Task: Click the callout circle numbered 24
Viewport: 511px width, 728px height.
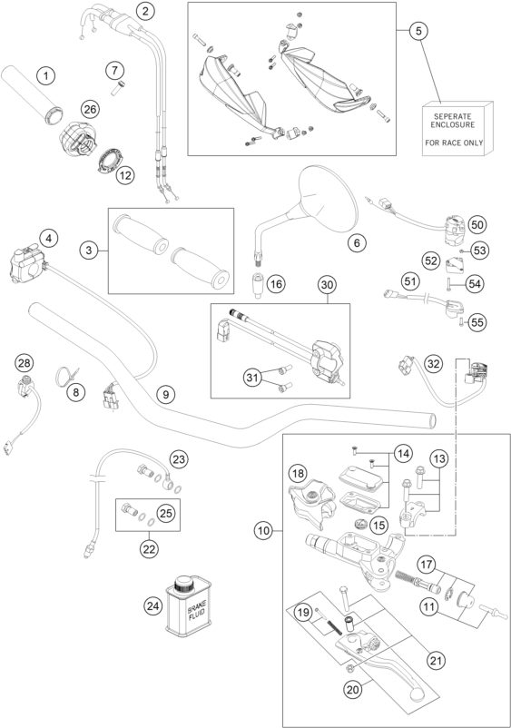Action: (153, 605)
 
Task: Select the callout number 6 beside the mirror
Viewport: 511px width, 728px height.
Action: (357, 242)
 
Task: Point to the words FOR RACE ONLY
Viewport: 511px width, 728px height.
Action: (454, 143)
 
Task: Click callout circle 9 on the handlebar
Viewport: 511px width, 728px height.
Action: (166, 394)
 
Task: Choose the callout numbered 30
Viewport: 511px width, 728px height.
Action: (328, 285)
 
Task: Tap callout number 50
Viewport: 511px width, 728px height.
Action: (477, 225)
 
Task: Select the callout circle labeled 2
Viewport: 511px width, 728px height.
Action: (146, 11)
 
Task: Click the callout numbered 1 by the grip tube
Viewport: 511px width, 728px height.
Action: (45, 75)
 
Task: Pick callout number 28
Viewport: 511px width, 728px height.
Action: (25, 363)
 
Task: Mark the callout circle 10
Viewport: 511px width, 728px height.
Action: (263, 530)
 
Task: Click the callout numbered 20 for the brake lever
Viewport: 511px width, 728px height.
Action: (353, 690)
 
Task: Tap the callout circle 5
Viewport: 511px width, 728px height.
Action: (418, 31)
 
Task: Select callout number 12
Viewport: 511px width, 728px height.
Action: (124, 175)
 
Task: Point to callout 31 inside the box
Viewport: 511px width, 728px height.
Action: (252, 378)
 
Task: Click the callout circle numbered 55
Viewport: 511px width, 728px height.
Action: (477, 322)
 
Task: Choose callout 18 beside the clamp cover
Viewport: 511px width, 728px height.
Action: (298, 474)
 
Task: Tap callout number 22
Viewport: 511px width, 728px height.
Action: (149, 549)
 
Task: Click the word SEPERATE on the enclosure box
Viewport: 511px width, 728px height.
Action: (453, 116)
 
